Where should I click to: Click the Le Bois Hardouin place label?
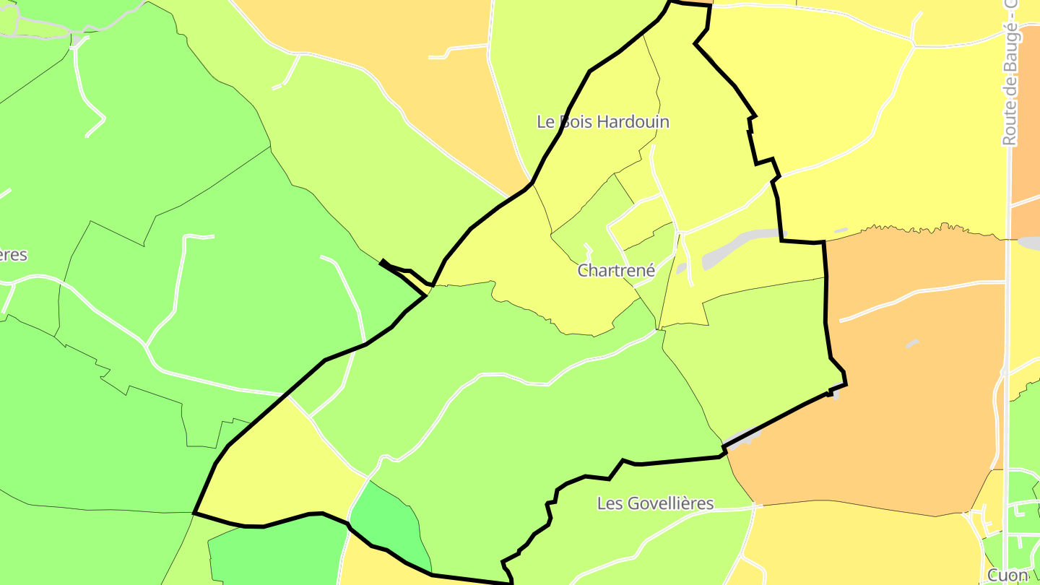click(603, 122)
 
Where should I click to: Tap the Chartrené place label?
click(616, 271)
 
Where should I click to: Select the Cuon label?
click(1007, 576)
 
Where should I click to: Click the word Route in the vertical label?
click(1010, 124)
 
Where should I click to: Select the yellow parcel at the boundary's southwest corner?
click(274, 469)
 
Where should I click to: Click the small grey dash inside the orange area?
click(913, 344)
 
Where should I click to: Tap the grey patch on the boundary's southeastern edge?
click(744, 438)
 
